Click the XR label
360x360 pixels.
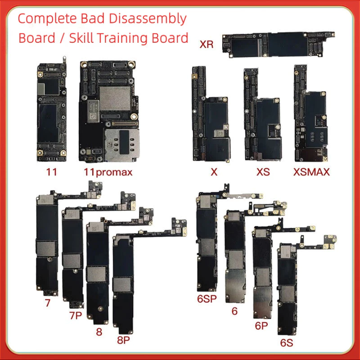(207, 44)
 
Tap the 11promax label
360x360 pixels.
(108, 172)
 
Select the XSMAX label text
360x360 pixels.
(311, 172)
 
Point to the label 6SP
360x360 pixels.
(207, 299)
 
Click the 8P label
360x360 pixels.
(123, 340)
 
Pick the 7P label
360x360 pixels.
(76, 315)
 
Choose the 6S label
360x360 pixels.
(287, 343)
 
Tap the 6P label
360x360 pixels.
(261, 325)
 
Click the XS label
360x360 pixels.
(263, 172)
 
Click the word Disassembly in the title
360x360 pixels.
(148, 19)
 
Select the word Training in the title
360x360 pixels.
(123, 38)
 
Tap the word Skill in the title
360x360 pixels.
(81, 38)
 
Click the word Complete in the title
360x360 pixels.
(47, 19)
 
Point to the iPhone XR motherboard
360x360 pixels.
(278, 44)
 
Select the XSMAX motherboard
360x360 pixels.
(310, 113)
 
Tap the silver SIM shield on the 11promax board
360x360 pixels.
(121, 145)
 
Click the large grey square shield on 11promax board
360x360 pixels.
(115, 98)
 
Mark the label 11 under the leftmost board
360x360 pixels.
(51, 172)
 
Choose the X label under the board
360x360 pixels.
(214, 172)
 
